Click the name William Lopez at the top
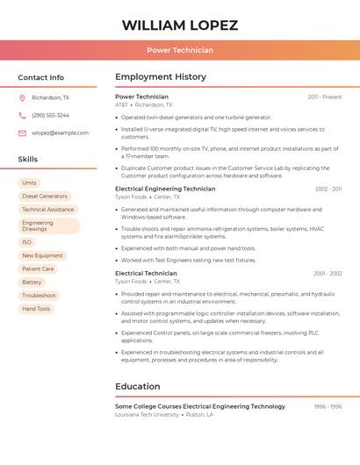[x=179, y=25]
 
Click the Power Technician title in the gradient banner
[x=179, y=50]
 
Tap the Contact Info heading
[x=40, y=77]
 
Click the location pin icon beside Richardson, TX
[x=22, y=98]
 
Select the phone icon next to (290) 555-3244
[x=22, y=116]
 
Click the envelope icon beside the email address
[x=22, y=133]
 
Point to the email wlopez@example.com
[x=60, y=133]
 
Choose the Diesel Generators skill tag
[x=45, y=197]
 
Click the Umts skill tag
[x=29, y=183]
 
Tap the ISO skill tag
[x=27, y=242]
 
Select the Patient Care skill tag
[x=38, y=269]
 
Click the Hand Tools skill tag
[x=36, y=309]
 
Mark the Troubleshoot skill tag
[x=39, y=296]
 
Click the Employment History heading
[x=161, y=77]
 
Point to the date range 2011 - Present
[x=325, y=97]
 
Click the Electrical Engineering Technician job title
[x=165, y=189]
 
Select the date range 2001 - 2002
[x=328, y=274]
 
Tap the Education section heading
[x=137, y=386]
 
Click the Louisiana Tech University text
[x=148, y=414]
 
